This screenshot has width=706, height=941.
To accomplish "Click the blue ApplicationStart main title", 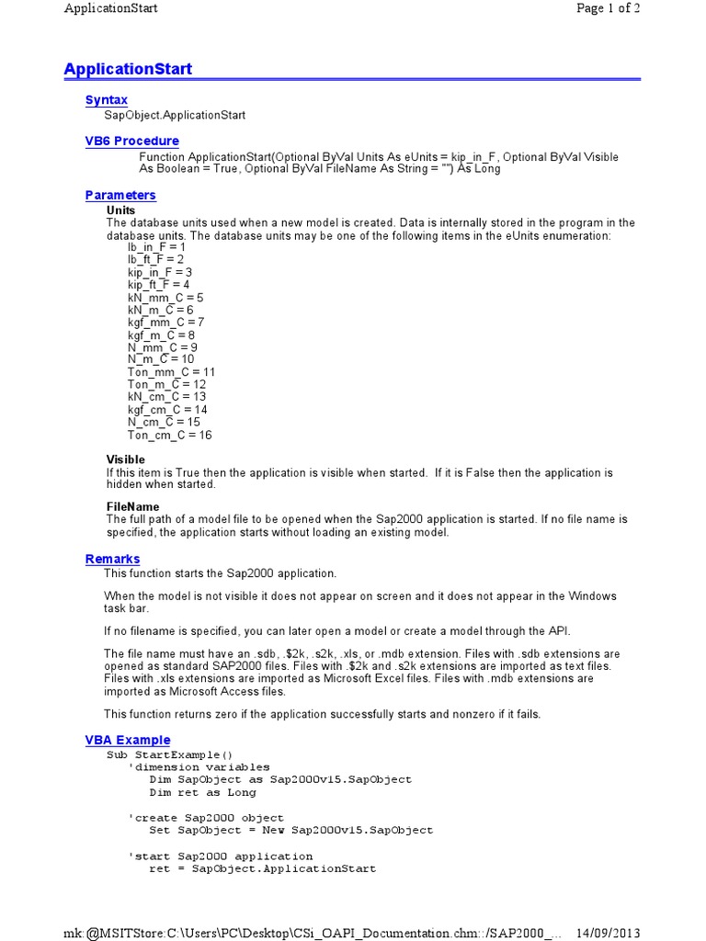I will coord(128,70).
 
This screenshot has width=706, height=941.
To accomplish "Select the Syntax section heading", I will coord(107,100).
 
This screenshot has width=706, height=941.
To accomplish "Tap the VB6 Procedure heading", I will coord(132,141).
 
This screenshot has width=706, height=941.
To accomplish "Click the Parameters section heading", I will coord(120,195).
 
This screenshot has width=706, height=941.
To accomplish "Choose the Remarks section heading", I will coord(113,559).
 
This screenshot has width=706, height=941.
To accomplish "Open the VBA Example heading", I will coord(128,740).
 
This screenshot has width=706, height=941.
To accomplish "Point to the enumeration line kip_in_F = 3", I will coord(160,272).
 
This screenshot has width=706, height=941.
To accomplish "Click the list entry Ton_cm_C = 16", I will coord(170,435).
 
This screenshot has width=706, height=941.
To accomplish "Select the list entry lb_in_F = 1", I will coord(156,247).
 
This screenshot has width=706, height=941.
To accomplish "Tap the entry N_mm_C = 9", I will coord(163,347).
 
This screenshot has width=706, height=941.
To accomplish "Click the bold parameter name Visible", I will coord(126,459).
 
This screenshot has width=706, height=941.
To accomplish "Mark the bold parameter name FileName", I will coord(132,506).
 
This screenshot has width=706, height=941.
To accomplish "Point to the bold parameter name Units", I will coord(121,210).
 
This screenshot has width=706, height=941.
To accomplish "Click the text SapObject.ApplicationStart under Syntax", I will coord(175,116).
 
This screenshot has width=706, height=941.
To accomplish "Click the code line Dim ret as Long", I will coord(203,792).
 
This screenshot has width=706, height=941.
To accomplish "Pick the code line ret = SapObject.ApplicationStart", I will coord(263,868).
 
